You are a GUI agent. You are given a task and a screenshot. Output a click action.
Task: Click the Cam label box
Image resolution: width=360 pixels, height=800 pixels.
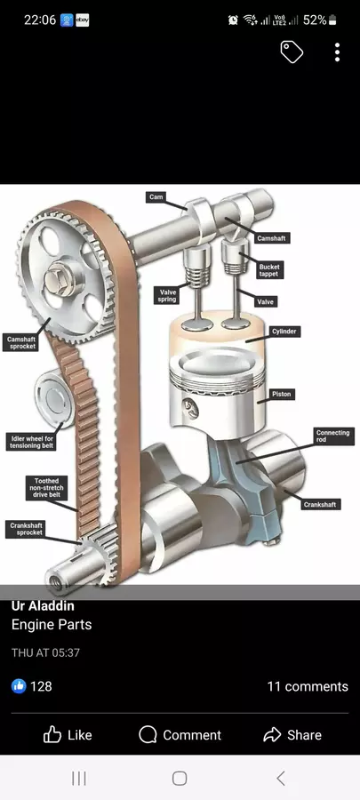pyautogui.click(x=156, y=196)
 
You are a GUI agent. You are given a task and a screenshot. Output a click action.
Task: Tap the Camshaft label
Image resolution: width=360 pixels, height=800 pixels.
pyautogui.click(x=271, y=238)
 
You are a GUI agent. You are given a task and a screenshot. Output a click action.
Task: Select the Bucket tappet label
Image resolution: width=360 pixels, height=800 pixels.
pyautogui.click(x=269, y=270)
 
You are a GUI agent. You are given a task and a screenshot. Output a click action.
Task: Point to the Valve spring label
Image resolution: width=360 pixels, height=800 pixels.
pyautogui.click(x=168, y=295)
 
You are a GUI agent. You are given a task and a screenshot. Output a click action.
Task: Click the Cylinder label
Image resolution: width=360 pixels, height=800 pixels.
pyautogui.click(x=284, y=332)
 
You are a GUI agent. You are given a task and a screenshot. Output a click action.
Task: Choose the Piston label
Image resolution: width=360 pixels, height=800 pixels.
pyautogui.click(x=282, y=395)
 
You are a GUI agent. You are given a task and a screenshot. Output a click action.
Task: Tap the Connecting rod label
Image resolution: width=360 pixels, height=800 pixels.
pyautogui.click(x=333, y=436)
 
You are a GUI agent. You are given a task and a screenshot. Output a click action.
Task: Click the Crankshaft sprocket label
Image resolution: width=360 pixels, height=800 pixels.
pyautogui.click(x=27, y=529)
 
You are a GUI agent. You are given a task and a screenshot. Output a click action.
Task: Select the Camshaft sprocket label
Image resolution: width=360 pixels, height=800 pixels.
pyautogui.click(x=21, y=342)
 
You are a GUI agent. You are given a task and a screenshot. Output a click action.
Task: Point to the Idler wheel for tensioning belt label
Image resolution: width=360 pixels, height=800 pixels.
pyautogui.click(x=32, y=442)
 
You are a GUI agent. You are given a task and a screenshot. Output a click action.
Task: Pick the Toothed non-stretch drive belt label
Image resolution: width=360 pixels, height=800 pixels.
pyautogui.click(x=46, y=488)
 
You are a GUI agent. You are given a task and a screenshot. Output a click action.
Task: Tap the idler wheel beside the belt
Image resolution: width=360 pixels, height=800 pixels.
pyautogui.click(x=53, y=398)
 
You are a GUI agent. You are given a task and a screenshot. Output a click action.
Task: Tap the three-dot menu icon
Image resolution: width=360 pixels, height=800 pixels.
pyautogui.click(x=337, y=52)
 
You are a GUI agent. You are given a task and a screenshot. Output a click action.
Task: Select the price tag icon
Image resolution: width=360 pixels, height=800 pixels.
pyautogui.click(x=292, y=52)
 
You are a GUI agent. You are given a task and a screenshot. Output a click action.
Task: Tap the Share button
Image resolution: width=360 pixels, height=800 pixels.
pyautogui.click(x=292, y=735)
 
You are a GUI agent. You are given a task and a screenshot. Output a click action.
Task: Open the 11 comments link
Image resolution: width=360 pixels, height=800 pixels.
pyautogui.click(x=308, y=686)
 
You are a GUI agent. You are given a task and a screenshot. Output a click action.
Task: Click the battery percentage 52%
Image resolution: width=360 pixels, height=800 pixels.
pyautogui.click(x=315, y=20)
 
